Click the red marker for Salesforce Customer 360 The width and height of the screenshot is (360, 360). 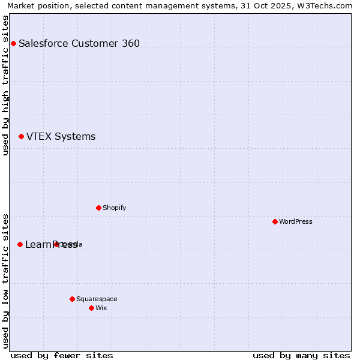point(13,43)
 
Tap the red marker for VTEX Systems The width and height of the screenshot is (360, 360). point(21,137)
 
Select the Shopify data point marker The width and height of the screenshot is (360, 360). point(98,208)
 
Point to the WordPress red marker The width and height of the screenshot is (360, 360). point(275,221)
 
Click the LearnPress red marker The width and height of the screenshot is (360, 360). point(20,244)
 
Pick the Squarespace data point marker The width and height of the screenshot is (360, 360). point(72,299)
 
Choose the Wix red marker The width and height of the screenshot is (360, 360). point(91,308)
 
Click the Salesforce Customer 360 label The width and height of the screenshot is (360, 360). point(79,43)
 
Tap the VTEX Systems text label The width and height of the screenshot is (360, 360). point(61,137)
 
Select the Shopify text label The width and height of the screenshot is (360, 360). point(114,208)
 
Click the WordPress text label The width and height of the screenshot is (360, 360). point(296,221)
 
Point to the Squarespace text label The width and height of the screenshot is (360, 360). point(97,299)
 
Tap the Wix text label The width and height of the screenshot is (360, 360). point(101,308)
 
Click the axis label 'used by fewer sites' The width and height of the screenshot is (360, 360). point(62,355)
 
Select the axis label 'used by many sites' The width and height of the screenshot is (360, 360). point(301,355)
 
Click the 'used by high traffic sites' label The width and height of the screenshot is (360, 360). point(6,85)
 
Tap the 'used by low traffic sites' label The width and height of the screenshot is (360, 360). point(6,281)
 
